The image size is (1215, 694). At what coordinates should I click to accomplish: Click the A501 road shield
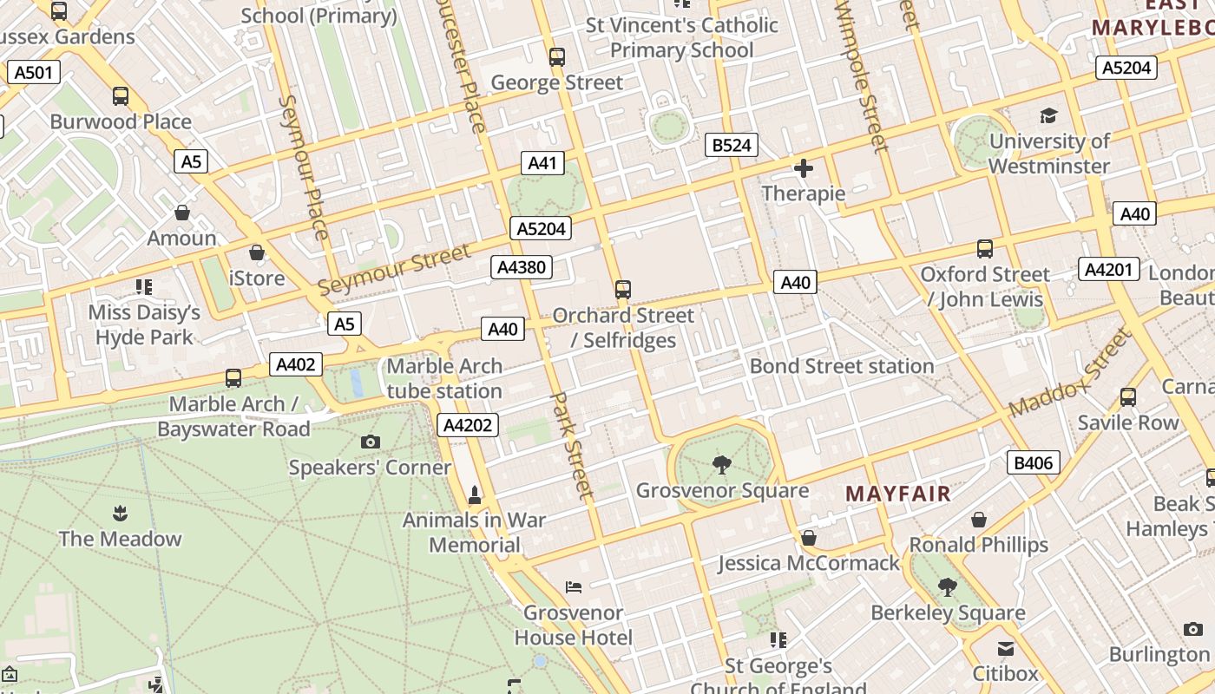point(34,72)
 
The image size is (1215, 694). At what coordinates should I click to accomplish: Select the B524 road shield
point(732,145)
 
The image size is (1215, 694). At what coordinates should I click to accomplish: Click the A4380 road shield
point(522,267)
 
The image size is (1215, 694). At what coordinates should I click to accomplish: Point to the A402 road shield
point(295,364)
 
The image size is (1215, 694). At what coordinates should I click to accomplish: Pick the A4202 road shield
point(468,424)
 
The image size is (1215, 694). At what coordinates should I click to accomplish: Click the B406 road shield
point(1034,462)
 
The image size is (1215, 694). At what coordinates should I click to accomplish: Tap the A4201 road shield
point(1109,269)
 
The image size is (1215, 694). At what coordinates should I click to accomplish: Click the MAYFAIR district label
point(898,494)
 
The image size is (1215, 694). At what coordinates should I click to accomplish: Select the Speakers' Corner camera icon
point(371,442)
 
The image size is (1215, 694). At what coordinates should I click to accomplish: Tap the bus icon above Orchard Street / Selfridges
point(622,290)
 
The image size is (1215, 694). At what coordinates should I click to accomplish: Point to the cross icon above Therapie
point(804,168)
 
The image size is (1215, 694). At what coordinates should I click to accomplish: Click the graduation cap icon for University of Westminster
point(1049,116)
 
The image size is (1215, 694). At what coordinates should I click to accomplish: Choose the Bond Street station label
point(842,366)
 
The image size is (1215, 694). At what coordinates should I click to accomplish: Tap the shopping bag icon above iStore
point(257,252)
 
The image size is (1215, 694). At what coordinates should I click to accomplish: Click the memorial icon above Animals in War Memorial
point(474,495)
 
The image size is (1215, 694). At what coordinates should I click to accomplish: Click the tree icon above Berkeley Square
point(948,587)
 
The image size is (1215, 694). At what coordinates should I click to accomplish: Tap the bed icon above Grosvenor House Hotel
point(574,587)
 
